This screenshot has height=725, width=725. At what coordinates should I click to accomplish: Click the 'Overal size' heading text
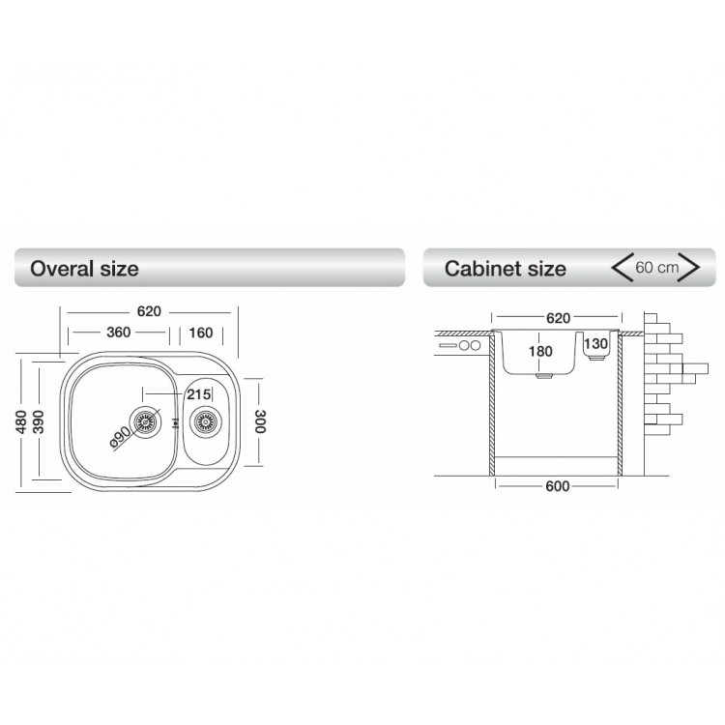tap(84, 269)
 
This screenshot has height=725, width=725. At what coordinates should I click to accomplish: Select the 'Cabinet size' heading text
tap(505, 269)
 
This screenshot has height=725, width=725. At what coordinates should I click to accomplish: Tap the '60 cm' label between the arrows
tap(656, 267)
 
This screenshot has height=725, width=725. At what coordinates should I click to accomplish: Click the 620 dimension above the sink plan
tap(149, 311)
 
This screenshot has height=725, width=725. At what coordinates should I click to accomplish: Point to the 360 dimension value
tap(118, 332)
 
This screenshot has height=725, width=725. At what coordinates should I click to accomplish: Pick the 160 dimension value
tap(201, 333)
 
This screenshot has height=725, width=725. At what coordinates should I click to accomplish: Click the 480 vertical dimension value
tap(21, 421)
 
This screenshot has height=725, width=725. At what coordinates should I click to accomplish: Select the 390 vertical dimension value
tap(39, 421)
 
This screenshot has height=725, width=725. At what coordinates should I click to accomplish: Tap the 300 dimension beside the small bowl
tap(260, 421)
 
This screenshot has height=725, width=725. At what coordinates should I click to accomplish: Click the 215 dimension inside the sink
tap(199, 394)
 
